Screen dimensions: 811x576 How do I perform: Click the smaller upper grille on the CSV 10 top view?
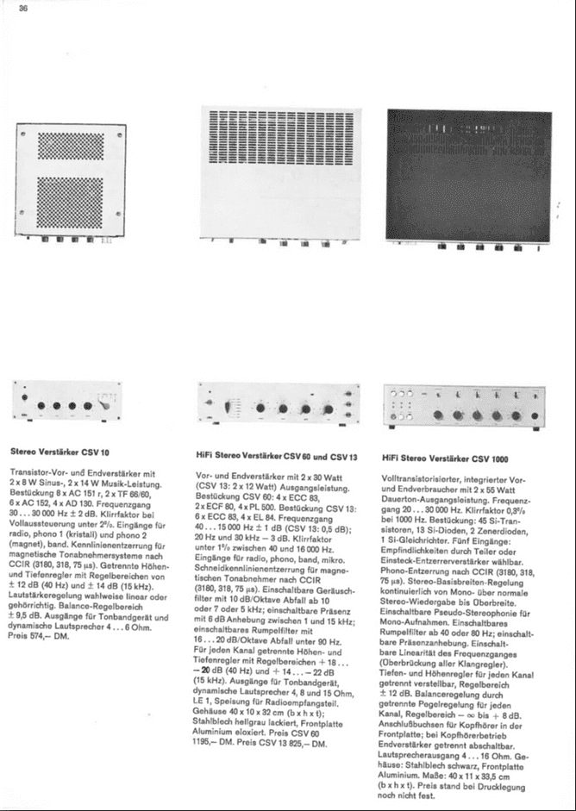point(72,152)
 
